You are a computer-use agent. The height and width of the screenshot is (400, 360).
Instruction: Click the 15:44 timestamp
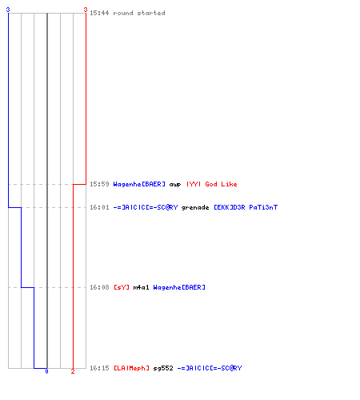(x=99, y=13)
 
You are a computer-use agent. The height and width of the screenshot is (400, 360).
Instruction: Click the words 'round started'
(x=139, y=13)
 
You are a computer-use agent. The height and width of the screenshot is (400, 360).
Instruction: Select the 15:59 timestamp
(x=99, y=184)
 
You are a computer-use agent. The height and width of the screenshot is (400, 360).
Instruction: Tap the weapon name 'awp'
(x=175, y=185)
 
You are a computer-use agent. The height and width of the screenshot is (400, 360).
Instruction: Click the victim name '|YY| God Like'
(x=212, y=184)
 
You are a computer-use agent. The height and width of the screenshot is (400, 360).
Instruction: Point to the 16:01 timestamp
(x=99, y=207)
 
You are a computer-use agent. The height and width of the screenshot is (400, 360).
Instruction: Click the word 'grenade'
(x=195, y=207)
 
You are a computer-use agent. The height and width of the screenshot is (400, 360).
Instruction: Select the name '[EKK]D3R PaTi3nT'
(x=246, y=207)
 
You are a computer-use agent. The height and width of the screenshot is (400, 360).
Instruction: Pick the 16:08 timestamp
(x=99, y=287)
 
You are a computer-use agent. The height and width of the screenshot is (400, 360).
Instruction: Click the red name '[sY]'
(x=122, y=287)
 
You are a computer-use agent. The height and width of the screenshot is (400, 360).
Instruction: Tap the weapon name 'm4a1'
(x=141, y=287)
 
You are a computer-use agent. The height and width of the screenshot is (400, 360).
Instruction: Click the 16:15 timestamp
(x=99, y=368)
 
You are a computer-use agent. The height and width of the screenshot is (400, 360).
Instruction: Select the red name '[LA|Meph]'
(x=131, y=368)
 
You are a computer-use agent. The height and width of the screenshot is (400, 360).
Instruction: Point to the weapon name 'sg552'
(x=163, y=368)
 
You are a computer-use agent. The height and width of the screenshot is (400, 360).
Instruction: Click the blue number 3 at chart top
(x=8, y=10)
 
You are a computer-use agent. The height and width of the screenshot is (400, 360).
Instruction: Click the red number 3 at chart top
(x=86, y=10)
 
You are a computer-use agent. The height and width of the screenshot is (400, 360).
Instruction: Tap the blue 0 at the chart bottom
(x=46, y=371)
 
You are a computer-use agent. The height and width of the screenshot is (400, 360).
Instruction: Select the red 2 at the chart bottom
(x=73, y=371)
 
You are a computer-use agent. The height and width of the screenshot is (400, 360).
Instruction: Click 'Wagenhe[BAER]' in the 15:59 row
(x=139, y=184)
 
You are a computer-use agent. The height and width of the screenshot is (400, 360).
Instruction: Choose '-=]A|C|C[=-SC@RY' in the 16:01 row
(x=146, y=207)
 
